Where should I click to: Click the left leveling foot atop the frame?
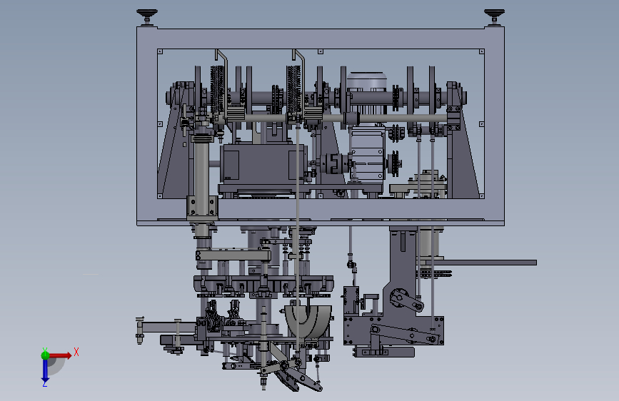coord(147,17)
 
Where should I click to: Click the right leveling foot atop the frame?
coord(494,17)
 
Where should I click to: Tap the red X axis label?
coord(76,352)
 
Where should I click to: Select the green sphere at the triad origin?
coord(45,355)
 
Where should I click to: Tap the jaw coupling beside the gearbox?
coord(334,163)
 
